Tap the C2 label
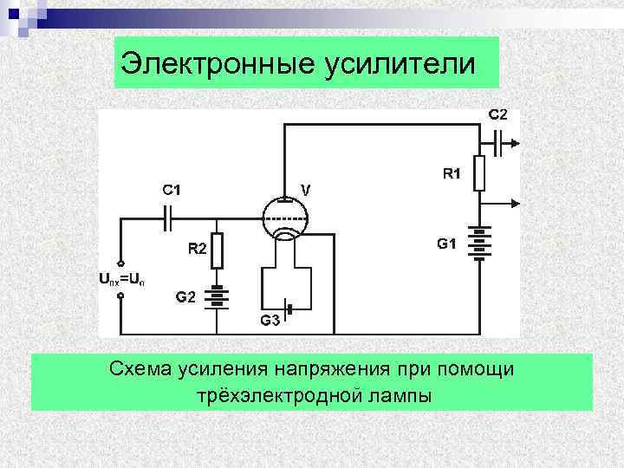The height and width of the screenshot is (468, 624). pyautogui.click(x=498, y=114)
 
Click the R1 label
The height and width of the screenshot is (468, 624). pyautogui.click(x=452, y=173)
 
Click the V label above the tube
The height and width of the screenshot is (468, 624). pyautogui.click(x=306, y=188)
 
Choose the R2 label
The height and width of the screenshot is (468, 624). pyautogui.click(x=198, y=250)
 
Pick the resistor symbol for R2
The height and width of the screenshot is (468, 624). pyautogui.click(x=218, y=250)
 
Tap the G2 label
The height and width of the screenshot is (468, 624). pyautogui.click(x=185, y=296)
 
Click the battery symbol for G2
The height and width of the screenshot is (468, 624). pyautogui.click(x=218, y=296)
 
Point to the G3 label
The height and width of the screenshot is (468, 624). pyautogui.click(x=270, y=321)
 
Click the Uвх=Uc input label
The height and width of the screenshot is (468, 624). pyautogui.click(x=127, y=279)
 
